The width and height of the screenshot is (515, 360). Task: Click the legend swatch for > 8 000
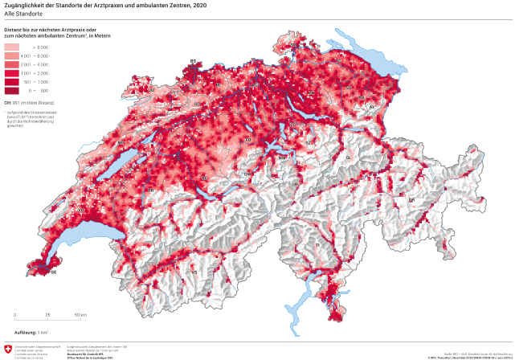[x=12, y=48]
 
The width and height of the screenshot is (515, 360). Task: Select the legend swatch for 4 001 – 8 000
[x=12, y=56]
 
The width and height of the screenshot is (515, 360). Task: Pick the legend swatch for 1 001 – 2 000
[x=12, y=73]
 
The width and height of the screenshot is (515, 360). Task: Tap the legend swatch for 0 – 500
[x=12, y=90]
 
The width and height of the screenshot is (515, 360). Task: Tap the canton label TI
[x=317, y=244]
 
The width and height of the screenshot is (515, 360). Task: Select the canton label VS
[x=194, y=272]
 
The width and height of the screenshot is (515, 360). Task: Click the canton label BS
[x=193, y=61]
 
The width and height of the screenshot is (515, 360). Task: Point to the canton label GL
[x=348, y=157]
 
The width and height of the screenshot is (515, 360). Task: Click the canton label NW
[x=282, y=158]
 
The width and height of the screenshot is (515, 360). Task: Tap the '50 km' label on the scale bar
[x=80, y=315]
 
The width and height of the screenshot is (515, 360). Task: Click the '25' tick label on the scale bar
[x=47, y=315]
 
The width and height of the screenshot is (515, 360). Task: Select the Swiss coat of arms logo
[x=8, y=349]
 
